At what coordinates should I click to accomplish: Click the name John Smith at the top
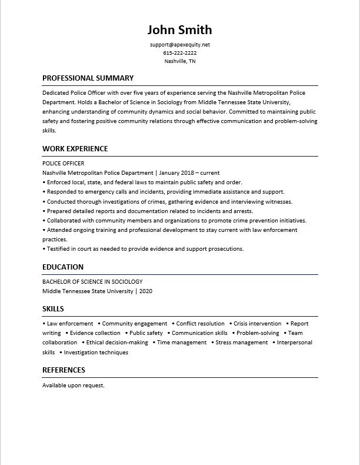[x=179, y=29]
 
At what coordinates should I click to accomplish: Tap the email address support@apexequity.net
[x=179, y=45]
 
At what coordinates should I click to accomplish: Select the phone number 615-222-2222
[x=179, y=53]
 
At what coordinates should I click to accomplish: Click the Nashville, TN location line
[x=179, y=61]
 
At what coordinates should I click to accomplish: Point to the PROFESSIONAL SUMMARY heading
[x=88, y=78]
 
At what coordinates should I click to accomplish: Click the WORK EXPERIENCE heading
[x=75, y=148]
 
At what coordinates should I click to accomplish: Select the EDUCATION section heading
[x=63, y=267]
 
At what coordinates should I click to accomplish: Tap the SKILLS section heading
[x=53, y=308]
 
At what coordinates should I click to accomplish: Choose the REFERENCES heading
[x=64, y=370]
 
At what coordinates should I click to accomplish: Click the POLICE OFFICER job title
[x=64, y=163]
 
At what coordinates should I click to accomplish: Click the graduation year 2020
[x=146, y=291]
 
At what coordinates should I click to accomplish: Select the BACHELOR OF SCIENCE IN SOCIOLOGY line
[x=92, y=281]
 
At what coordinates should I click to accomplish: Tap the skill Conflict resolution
[x=200, y=323]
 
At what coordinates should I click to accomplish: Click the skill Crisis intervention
[x=257, y=323]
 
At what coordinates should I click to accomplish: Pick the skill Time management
[x=181, y=342]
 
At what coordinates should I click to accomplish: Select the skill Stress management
[x=241, y=342]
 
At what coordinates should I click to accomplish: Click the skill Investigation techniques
[x=96, y=352]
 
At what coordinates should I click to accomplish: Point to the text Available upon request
[x=73, y=385]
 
